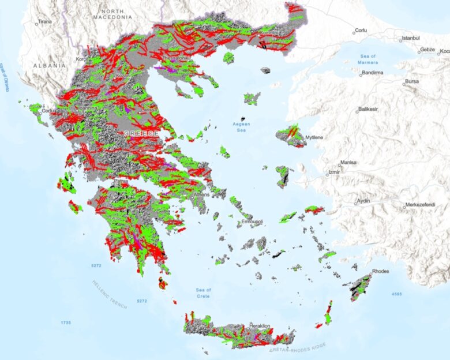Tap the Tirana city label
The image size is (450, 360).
click(x=44, y=22)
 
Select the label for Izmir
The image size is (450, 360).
click(x=334, y=172)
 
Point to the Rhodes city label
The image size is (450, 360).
click(x=382, y=272)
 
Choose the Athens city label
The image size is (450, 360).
click(x=202, y=194)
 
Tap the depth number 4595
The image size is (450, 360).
click(x=396, y=295)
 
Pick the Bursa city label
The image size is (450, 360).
click(x=412, y=82)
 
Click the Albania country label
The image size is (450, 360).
click(x=49, y=66)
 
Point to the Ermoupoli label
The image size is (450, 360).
click(x=252, y=222)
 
